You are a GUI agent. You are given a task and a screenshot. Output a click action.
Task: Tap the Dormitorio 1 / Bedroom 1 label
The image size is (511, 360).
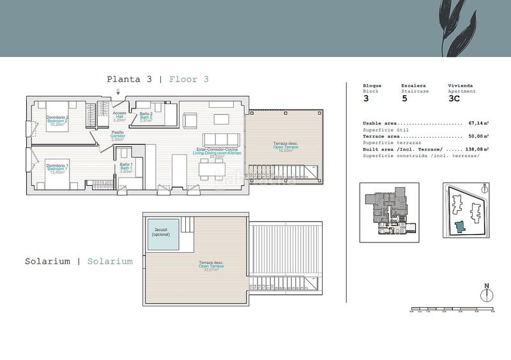point(57,169)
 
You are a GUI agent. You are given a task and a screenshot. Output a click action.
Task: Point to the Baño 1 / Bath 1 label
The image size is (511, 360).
point(126,169)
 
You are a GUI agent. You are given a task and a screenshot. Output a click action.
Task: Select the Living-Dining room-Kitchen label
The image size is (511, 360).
point(218,154)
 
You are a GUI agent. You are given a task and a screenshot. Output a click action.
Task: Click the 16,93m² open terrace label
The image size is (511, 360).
point(281,147)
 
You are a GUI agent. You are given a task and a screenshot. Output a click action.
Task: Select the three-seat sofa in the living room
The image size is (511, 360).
point(222,140)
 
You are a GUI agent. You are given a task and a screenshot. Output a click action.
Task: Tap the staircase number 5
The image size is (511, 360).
point(404,99)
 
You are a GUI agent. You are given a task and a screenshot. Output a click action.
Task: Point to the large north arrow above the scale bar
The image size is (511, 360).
point(487,294)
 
